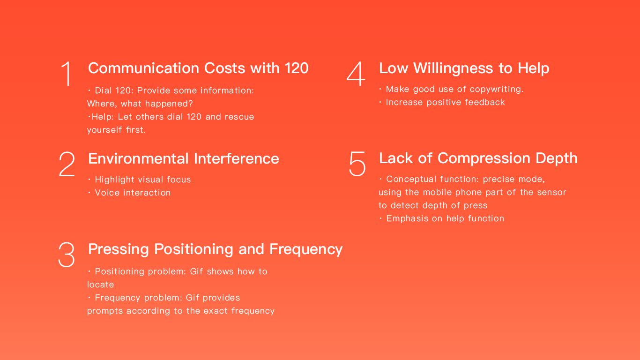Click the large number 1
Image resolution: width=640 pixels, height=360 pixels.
pos(67,74)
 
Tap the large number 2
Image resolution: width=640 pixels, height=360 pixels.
pos(67,164)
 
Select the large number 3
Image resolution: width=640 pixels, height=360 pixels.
pos(67,255)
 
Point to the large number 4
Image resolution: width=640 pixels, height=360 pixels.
pos(356,74)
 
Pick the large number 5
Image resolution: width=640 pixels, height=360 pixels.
pos(357,164)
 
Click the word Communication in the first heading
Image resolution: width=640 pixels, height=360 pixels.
pos(144,68)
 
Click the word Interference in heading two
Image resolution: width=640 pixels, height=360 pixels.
pos(237,159)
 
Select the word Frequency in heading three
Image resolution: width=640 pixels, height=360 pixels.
pos(306,249)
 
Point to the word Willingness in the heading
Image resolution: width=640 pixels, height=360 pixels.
pos(453,68)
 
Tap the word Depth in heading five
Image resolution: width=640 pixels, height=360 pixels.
pos(557,158)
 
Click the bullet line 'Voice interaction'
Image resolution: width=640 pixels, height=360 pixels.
pos(129,193)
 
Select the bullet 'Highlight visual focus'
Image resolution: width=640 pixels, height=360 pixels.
pos(140,180)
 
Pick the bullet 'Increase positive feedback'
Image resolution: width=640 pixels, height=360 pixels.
pos(442,102)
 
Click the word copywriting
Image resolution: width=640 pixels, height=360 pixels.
pos(497,90)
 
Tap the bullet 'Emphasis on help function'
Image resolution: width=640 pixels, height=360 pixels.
pos(442,219)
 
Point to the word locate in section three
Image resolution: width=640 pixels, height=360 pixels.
pos(101,285)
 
